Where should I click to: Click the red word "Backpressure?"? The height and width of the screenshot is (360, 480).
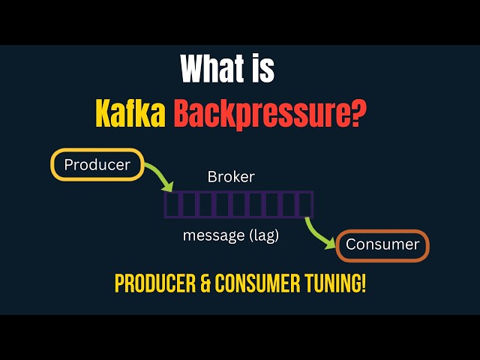pos(265,114)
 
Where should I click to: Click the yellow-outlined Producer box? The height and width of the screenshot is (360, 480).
pos(96,164)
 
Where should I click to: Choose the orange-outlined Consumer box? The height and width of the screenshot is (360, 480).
pos(382,245)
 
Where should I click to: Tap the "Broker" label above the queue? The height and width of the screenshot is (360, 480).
pos(230,178)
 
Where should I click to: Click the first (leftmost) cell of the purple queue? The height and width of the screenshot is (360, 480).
pos(173,205)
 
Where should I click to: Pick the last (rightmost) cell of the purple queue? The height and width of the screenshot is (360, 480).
pos(305,205)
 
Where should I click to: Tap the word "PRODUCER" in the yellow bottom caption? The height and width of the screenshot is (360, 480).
pos(152,284)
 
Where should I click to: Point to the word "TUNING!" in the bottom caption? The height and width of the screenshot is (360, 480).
pos(335,284)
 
